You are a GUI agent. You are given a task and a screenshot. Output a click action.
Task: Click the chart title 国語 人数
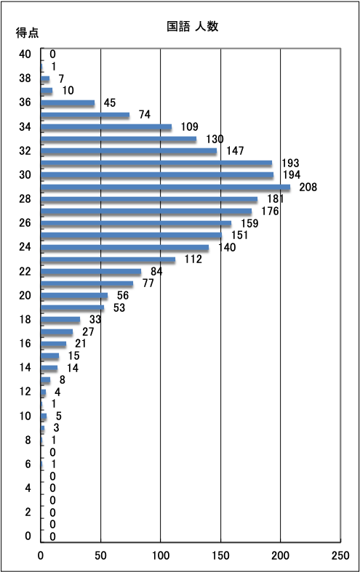pyautogui.click(x=193, y=26)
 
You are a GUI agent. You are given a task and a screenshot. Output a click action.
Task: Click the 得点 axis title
pyautogui.click(x=27, y=33)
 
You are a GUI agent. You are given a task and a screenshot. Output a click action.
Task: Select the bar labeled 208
pyautogui.click(x=165, y=188)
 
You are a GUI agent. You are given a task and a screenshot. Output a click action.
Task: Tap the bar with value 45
pyautogui.click(x=68, y=103)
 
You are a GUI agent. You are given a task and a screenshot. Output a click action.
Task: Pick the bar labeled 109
pyautogui.click(x=106, y=127)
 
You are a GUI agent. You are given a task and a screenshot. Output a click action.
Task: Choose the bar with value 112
pyautogui.click(x=108, y=259)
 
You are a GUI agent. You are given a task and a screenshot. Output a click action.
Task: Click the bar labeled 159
pyautogui.click(x=136, y=224)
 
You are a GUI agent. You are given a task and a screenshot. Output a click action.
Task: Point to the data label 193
pyautogui.click(x=290, y=163)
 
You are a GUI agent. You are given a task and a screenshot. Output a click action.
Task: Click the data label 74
pyautogui.click(x=145, y=115)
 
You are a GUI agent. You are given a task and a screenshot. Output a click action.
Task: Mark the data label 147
pyautogui.click(x=235, y=150)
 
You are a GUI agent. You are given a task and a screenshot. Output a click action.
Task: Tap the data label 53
pyautogui.click(x=119, y=307)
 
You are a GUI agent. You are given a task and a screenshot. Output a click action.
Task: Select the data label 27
pyautogui.click(x=88, y=331)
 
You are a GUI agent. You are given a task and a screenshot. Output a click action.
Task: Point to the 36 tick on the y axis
pyautogui.click(x=25, y=102)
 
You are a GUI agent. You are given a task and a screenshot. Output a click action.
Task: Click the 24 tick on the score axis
pyautogui.click(x=25, y=247)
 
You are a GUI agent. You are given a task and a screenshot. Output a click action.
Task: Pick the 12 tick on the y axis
pyautogui.click(x=25, y=392)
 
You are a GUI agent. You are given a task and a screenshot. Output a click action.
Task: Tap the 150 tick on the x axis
pyautogui.click(x=220, y=555)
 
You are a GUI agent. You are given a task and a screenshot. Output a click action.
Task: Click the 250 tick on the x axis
pyautogui.click(x=340, y=555)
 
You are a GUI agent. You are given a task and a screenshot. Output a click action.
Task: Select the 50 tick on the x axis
pyautogui.click(x=101, y=555)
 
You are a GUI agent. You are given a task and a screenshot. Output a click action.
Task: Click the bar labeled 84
pyautogui.click(x=92, y=272)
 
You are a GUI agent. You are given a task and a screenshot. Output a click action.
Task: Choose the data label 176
pyautogui.click(x=270, y=212)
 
